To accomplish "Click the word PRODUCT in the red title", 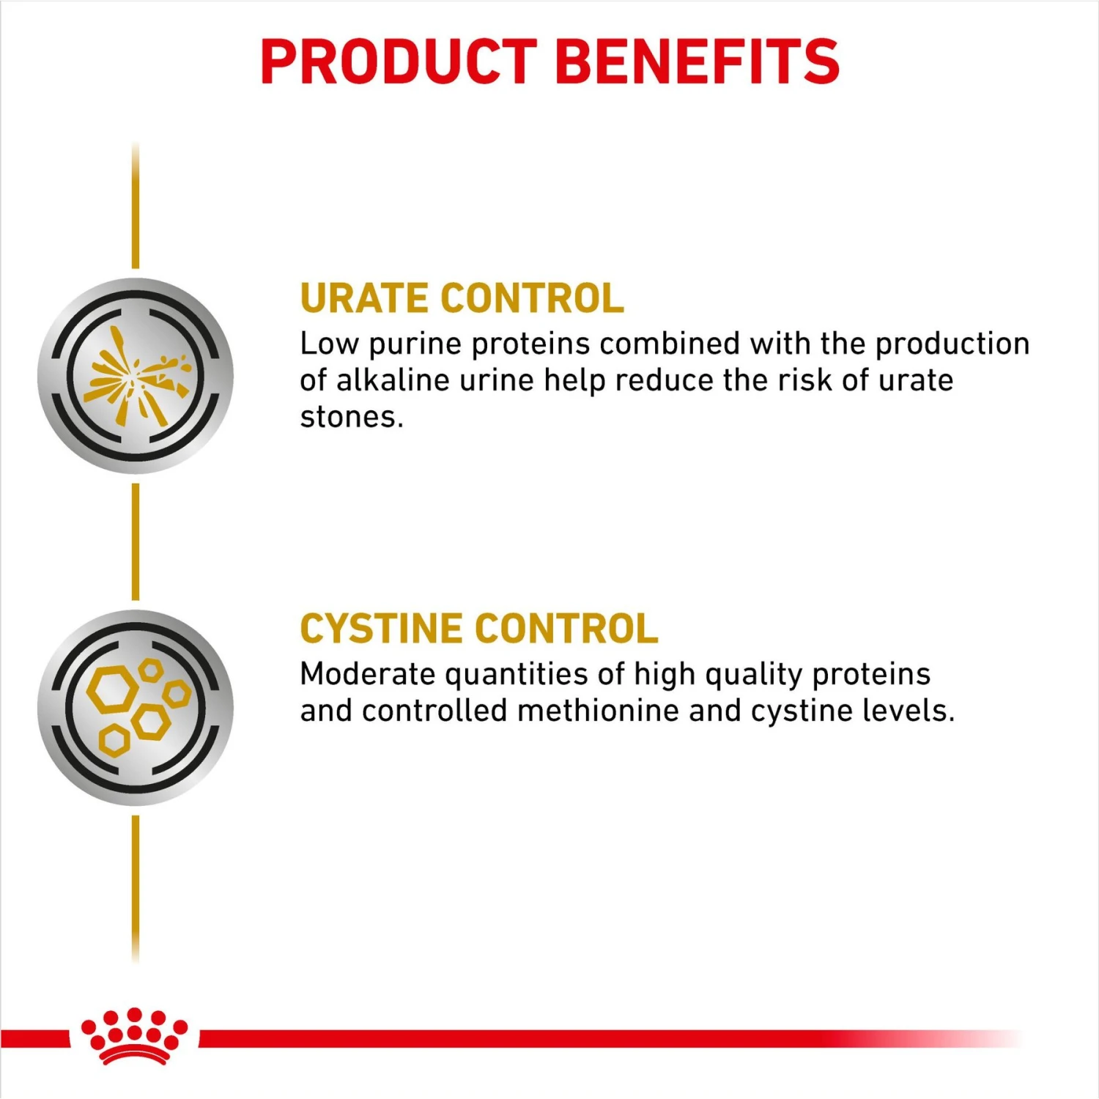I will point(399,62).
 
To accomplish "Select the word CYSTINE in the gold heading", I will point(380,629).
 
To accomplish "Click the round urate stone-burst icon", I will point(136,375).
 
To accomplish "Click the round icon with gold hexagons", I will point(136,708).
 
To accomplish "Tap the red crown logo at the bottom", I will point(134,1035).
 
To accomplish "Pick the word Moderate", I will point(367,674).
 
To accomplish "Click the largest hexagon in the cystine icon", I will point(111,689).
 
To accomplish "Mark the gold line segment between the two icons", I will point(136,542).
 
